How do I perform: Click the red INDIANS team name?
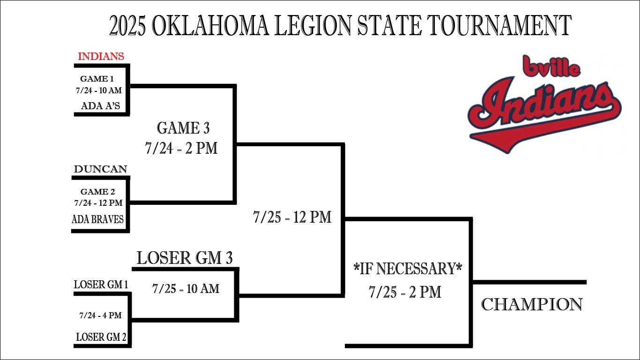click(x=101, y=56)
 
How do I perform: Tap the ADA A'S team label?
click(x=101, y=106)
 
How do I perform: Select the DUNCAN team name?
click(x=101, y=169)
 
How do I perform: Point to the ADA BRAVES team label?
click(x=98, y=219)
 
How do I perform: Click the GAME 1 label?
click(x=97, y=79)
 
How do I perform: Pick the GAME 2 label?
click(x=98, y=192)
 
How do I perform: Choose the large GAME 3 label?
click(x=183, y=128)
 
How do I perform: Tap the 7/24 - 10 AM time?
click(x=99, y=90)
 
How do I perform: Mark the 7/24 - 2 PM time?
click(x=181, y=148)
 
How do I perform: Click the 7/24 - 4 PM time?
click(x=101, y=315)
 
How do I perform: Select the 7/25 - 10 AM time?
click(x=186, y=288)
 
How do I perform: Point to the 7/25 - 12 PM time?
click(x=292, y=217)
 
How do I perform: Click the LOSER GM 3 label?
click(x=185, y=258)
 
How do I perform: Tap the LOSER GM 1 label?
click(x=101, y=285)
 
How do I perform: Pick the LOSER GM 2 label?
click(x=101, y=337)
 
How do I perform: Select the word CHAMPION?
click(x=532, y=304)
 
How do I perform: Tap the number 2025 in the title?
click(x=127, y=25)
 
